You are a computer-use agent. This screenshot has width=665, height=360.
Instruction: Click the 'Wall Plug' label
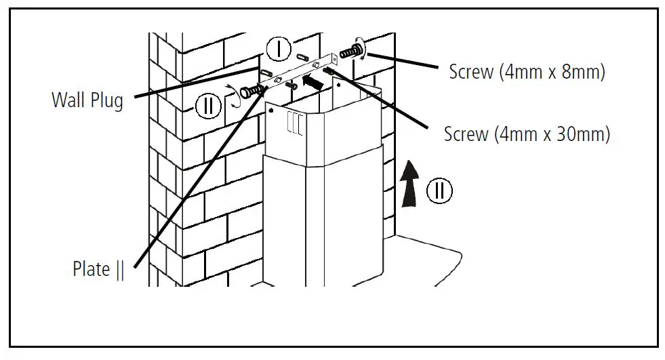(x=87, y=100)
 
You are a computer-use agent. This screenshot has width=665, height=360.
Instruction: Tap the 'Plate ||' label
(x=98, y=269)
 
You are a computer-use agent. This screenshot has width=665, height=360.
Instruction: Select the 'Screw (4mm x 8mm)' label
(x=526, y=71)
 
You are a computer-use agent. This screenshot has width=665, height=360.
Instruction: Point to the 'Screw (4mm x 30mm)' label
(x=527, y=134)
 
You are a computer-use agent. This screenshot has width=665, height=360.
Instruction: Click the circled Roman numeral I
(x=278, y=49)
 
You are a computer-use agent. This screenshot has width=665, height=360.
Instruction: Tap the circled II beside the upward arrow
(x=439, y=191)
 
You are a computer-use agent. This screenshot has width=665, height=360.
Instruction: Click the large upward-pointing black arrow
(x=409, y=182)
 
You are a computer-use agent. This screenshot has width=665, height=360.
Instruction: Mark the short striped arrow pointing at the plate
(x=311, y=81)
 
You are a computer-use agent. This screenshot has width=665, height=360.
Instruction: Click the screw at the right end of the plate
(x=351, y=52)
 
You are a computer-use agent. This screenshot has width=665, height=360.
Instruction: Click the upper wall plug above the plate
(x=302, y=49)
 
